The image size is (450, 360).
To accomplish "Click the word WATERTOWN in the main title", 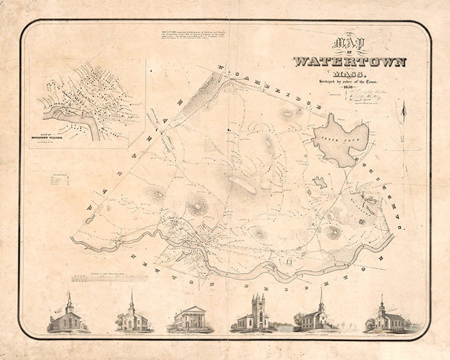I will pos(350,62).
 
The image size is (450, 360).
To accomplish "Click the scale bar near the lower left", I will pos(108,278).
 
